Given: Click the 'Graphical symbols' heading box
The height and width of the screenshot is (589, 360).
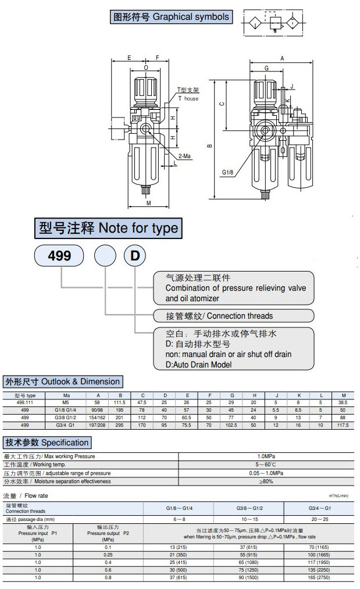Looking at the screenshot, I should tap(170, 17).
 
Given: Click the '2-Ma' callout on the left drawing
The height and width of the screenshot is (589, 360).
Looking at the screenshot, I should tap(186, 155).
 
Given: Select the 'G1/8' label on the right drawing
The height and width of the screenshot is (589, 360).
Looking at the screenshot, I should tap(228, 172).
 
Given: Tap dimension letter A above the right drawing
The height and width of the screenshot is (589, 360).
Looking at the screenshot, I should tap(282, 59).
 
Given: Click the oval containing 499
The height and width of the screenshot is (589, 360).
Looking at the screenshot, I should tap(59, 255).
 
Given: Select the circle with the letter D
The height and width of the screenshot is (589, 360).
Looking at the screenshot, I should tap(134, 255).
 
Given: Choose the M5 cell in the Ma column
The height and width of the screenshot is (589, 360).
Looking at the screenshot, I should tap(66, 402).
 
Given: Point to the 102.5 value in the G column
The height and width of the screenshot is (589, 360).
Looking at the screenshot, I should tap(231, 426).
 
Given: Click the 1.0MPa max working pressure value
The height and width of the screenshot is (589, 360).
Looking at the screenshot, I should tap(266, 456).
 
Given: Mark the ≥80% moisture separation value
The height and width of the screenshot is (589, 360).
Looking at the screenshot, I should tap(266, 481).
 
